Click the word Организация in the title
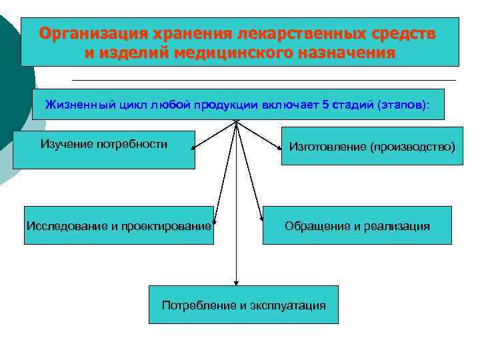point(93,33)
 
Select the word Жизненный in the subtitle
point(73,104)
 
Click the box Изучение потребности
point(104,149)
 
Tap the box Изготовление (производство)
point(371,147)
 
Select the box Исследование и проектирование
point(119,225)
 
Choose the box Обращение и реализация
point(357,225)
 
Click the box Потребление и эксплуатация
point(243,305)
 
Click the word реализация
point(397,226)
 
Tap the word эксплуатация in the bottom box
point(288,305)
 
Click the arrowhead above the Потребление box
point(236,282)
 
